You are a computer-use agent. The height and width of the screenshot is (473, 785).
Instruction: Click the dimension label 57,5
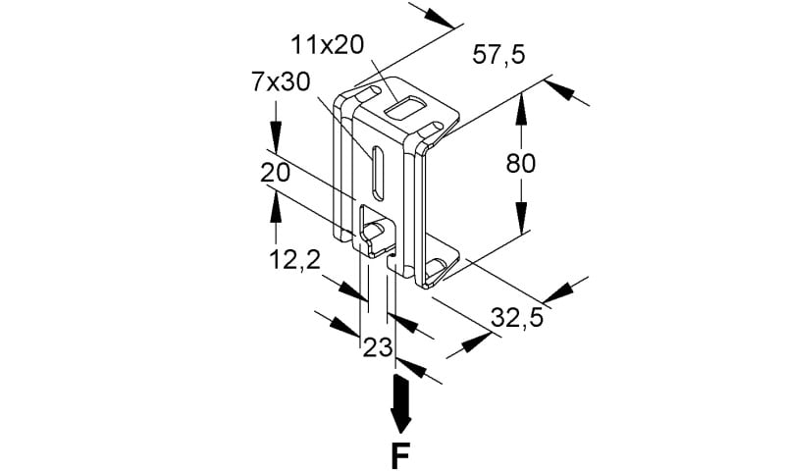coord(498,54)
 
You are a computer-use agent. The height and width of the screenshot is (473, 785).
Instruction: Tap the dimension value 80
coord(521,163)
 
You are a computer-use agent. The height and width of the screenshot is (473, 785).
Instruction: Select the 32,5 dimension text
coord(517,318)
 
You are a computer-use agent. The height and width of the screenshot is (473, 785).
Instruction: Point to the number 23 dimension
coord(378,347)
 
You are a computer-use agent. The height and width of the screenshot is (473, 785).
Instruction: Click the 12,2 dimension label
coord(295,260)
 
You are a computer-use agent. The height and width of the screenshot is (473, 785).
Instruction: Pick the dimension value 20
coord(275,173)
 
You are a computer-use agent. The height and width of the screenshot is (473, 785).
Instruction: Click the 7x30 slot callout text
coord(281,82)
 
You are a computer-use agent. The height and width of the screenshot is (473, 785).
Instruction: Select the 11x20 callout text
coord(328,45)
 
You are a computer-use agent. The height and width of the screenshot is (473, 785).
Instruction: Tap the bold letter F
coord(400,456)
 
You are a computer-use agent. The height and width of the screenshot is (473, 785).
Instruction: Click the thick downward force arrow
coord(401,404)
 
